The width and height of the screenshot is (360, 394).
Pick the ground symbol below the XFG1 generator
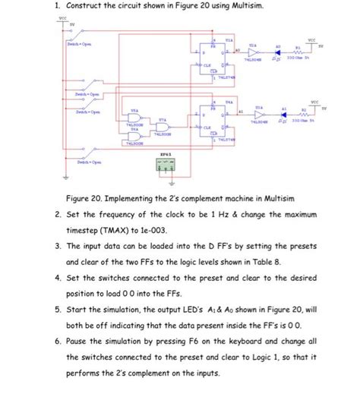tap(170, 183)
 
